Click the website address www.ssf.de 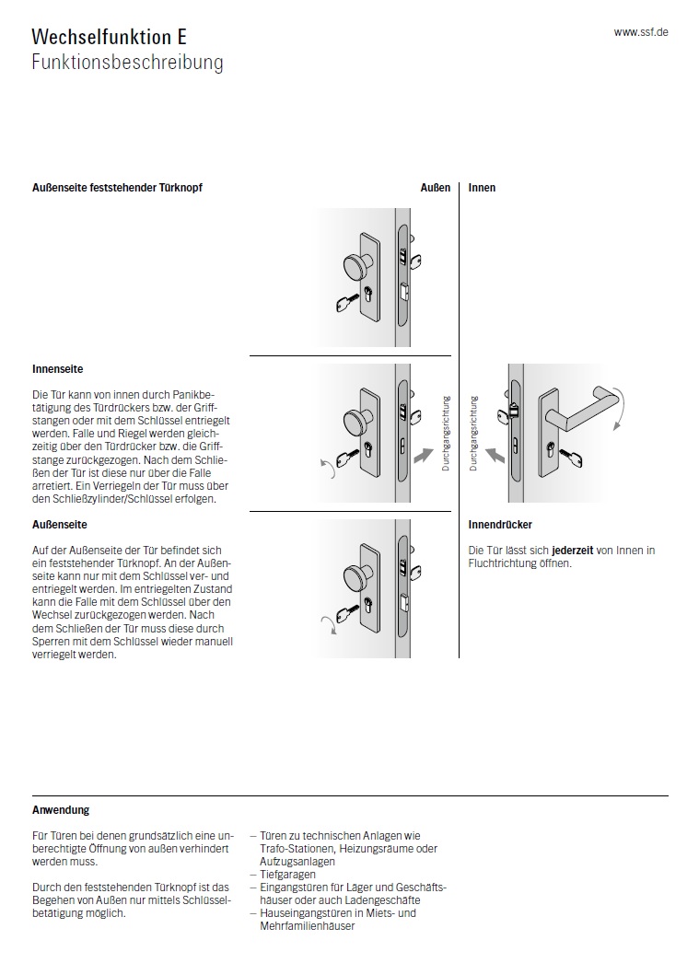coord(641,31)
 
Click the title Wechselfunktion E coord(109,38)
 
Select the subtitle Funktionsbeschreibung coord(127,63)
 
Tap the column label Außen coord(436,188)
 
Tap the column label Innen coord(482,188)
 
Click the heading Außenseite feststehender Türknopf coord(117,188)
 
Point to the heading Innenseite coord(57,369)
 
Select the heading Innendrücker coord(500,525)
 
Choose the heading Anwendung coord(61,810)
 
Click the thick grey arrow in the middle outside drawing coord(424,454)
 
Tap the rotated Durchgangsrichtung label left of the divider coord(446,434)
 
